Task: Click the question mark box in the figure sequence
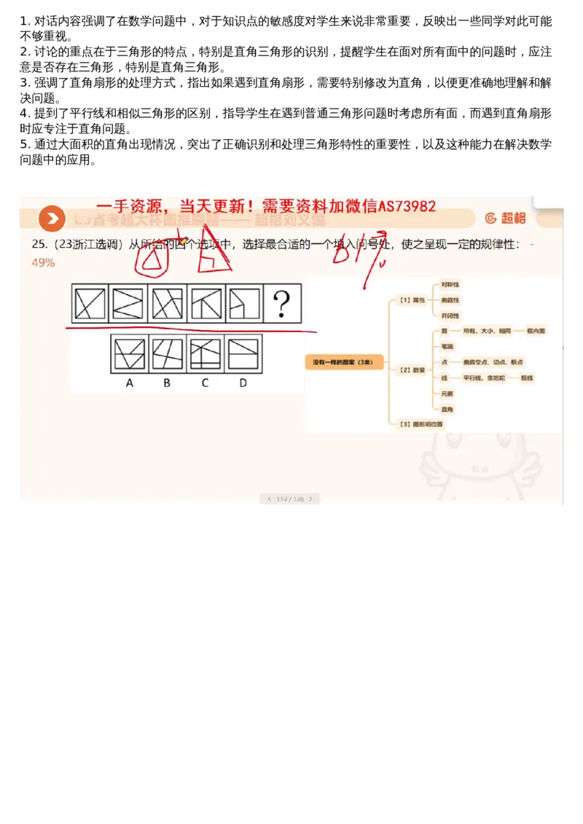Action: click(282, 303)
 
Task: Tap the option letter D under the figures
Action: click(243, 382)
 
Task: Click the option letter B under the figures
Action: click(167, 382)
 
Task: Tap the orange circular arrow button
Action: click(51, 218)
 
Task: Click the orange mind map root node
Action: click(344, 362)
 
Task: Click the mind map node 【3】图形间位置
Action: click(418, 423)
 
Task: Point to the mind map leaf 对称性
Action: click(450, 283)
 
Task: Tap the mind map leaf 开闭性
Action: click(450, 315)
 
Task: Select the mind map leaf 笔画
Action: click(447, 346)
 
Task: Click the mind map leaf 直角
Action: click(447, 409)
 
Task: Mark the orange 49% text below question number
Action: click(43, 262)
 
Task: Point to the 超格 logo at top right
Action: click(505, 218)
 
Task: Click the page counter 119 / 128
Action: click(290, 499)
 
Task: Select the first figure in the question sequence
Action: click(90, 303)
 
